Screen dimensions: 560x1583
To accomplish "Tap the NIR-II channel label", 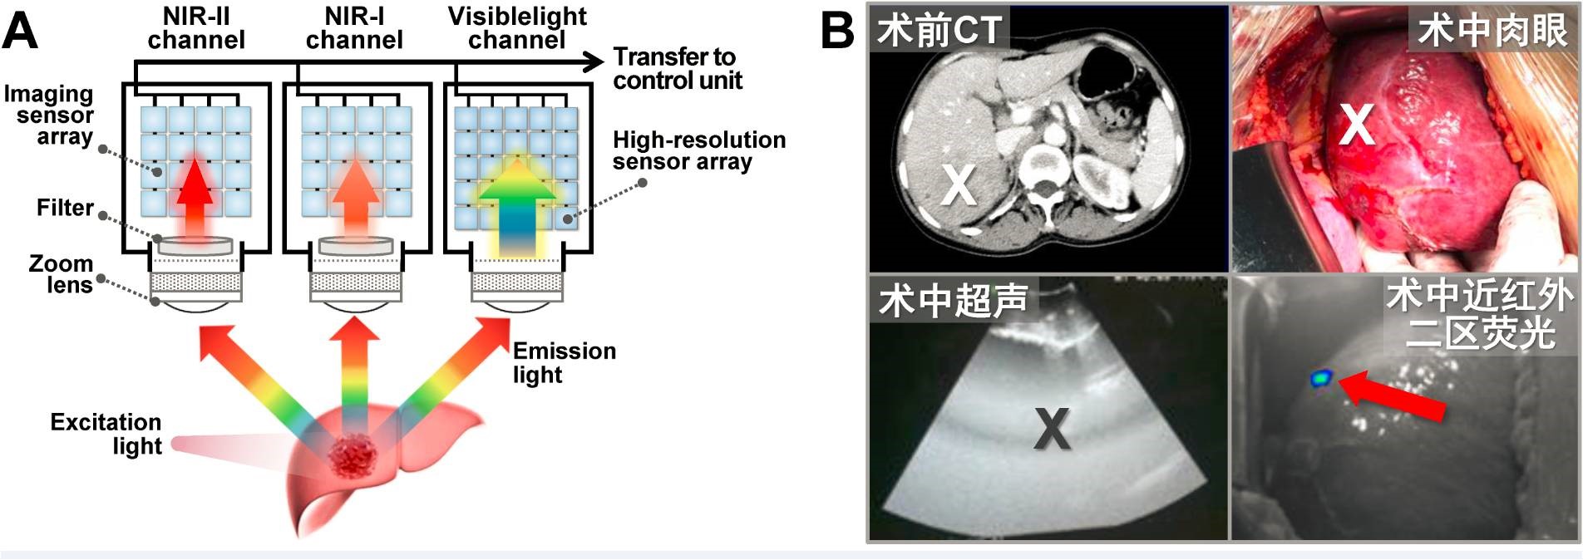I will pyautogui.click(x=196, y=28).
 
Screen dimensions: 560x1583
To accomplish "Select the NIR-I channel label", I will pyautogui.click(x=354, y=28).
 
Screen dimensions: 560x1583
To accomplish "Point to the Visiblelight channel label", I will pyautogui.click(x=517, y=28).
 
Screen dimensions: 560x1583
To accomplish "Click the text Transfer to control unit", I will pyautogui.click(x=677, y=68).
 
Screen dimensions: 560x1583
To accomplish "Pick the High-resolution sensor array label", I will pyautogui.click(x=698, y=150).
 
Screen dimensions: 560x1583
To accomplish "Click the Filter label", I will pyautogui.click(x=65, y=207).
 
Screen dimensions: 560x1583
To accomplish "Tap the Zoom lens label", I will pyautogui.click(x=61, y=274).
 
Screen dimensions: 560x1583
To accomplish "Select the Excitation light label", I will pyautogui.click(x=106, y=434).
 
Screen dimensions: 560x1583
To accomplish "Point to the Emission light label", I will pyautogui.click(x=564, y=362).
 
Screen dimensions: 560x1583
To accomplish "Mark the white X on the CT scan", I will pyautogui.click(x=958, y=184).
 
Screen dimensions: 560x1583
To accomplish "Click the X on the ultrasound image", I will pyautogui.click(x=1052, y=429).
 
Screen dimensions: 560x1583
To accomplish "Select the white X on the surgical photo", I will pyautogui.click(x=1356, y=125).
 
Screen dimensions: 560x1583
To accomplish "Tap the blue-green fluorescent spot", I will pyautogui.click(x=1320, y=378).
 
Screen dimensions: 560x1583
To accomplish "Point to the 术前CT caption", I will pyautogui.click(x=939, y=32).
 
